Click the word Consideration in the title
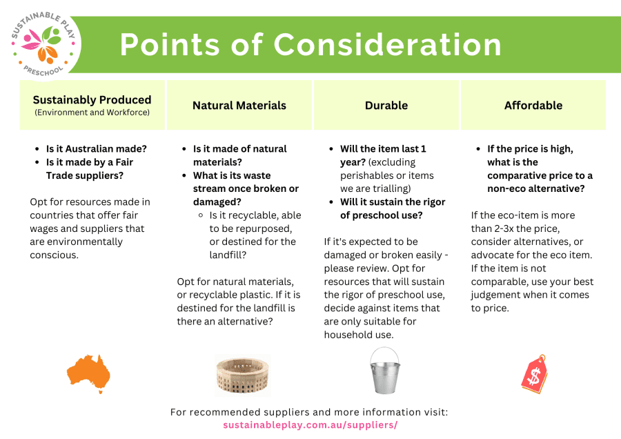tap(387, 44)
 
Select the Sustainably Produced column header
tap(92, 105)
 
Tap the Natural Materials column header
tap(239, 105)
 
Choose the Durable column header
tap(386, 105)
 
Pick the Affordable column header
tap(533, 105)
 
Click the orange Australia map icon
tap(88, 374)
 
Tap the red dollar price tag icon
tap(534, 373)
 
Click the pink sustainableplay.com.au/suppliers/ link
tap(310, 425)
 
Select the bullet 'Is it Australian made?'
tap(96, 148)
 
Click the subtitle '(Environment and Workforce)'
tap(92, 113)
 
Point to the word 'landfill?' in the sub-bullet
tap(228, 255)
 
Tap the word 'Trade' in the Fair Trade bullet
tap(59, 175)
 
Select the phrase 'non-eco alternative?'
tap(536, 188)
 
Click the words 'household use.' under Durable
tap(359, 335)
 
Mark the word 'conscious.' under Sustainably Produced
tap(55, 255)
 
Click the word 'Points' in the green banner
tap(170, 44)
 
